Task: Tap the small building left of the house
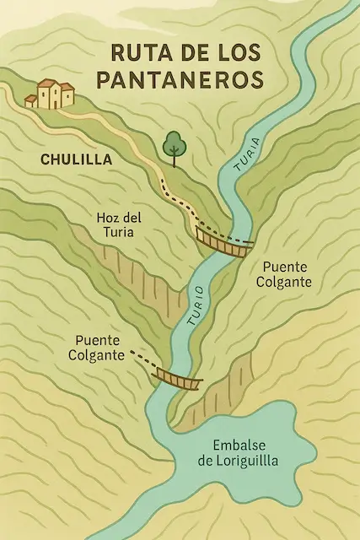[31, 100]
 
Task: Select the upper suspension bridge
[223, 241]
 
